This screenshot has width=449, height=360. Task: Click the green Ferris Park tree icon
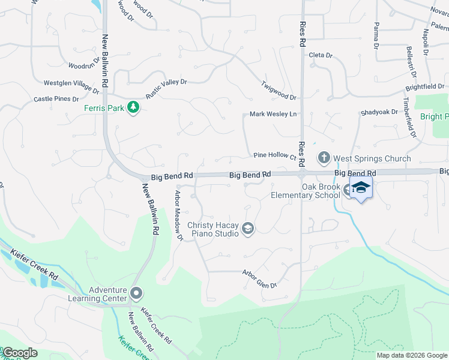134,108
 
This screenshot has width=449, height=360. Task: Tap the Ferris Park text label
103,108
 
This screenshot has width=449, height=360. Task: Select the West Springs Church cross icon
324,158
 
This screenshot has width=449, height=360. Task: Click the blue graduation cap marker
360,188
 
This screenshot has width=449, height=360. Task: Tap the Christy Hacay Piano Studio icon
247,228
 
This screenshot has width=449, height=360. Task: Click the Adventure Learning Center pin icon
136,293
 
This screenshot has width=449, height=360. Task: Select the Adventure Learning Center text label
108,294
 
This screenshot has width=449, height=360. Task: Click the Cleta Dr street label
321,55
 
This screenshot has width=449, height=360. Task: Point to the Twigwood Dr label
279,90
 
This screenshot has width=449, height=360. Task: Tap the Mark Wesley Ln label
273,114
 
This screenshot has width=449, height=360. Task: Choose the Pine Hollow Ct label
275,155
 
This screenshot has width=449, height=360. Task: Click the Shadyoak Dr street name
379,112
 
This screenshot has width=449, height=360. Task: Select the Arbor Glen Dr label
259,279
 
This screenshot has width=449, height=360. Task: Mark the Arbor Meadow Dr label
178,215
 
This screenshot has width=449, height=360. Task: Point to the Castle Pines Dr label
56,99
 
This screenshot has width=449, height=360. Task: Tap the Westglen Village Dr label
71,86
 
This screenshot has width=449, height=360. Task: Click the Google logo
19,353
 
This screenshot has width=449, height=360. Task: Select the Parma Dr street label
376,35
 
